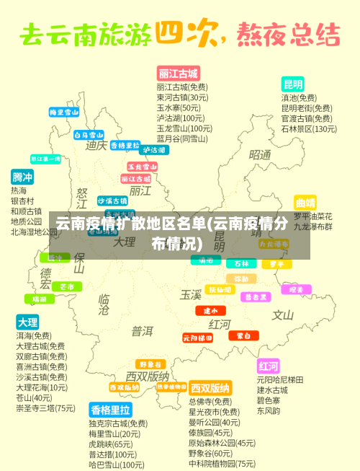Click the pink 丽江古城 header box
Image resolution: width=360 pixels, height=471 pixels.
coord(178,74)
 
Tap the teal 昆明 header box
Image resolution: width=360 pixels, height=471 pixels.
coord(292,84)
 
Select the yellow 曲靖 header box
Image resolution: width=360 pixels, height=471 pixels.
coord(305,202)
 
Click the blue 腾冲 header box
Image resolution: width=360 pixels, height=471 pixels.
coord(22,177)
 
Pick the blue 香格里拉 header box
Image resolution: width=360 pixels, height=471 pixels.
coord(109,410)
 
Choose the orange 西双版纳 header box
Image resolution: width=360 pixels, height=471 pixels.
coord(210,387)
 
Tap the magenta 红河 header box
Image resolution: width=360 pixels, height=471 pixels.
coord(268,365)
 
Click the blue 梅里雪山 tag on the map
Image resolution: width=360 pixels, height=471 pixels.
coord(64,113)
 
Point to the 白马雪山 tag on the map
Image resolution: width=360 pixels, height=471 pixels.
coord(89,135)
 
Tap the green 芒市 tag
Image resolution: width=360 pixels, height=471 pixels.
coord(66,286)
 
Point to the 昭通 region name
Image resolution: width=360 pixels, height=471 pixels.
coord(260,155)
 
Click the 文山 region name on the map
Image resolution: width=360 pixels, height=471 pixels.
coord(282,315)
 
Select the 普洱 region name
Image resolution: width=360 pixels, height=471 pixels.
coord(142,331)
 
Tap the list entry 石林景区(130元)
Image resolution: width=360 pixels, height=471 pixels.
coord(308,129)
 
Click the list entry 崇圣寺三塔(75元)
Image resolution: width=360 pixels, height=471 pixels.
coord(45,408)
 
